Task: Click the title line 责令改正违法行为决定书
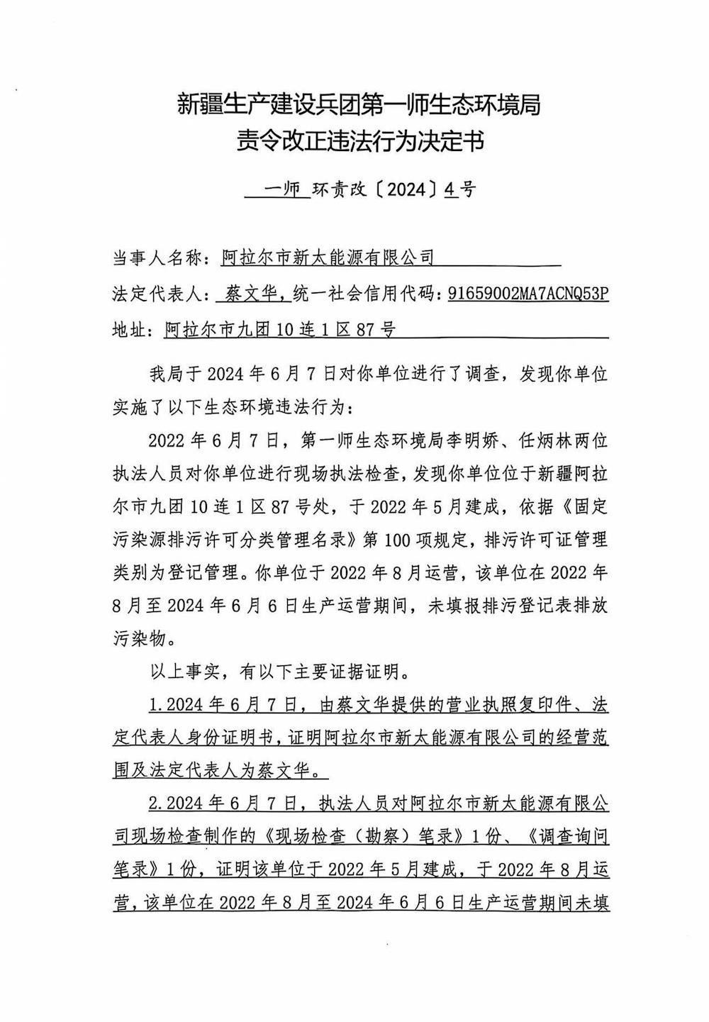point(361,141)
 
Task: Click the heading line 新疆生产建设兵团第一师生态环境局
point(359,105)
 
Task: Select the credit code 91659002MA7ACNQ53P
point(527,294)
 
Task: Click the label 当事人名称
point(157,257)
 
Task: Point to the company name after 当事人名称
point(327,257)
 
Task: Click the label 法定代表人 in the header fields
point(157,294)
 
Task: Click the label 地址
point(131,329)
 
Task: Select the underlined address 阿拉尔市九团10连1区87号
point(279,329)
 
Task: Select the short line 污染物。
point(142,638)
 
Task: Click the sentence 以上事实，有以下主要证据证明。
point(280,670)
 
